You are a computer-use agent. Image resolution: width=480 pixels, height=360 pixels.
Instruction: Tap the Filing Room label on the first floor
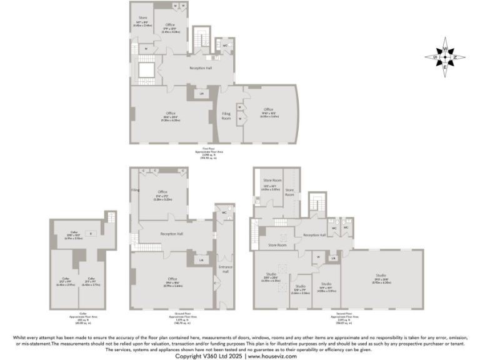tap(227, 116)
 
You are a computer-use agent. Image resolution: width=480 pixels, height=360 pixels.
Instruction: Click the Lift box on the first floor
tap(201, 94)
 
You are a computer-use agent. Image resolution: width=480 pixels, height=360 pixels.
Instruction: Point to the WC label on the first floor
tap(224, 46)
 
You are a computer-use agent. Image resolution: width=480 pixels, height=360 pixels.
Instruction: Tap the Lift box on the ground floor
tap(201, 259)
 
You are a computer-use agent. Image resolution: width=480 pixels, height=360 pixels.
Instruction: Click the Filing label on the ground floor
tap(134, 189)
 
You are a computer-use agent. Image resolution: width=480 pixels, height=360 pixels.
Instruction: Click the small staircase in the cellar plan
tap(111, 217)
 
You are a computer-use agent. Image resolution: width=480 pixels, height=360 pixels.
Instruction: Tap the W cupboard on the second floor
tap(319, 256)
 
